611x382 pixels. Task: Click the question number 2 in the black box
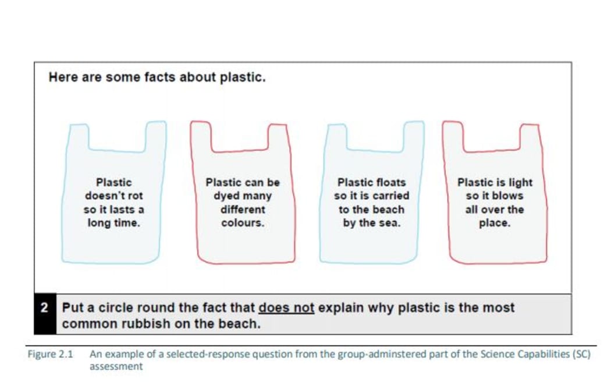tap(44, 307)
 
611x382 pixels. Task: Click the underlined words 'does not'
tap(286, 307)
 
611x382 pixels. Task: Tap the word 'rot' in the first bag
tap(135, 196)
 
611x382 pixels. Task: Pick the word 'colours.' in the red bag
tap(243, 223)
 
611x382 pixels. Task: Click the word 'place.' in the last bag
tap(495, 224)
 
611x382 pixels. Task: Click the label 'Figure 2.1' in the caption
tap(50, 354)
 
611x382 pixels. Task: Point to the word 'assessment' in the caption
tap(116, 366)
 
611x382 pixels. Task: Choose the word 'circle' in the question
tap(117, 307)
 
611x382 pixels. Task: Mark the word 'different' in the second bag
tap(243, 210)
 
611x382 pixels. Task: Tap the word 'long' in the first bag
tap(99, 224)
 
